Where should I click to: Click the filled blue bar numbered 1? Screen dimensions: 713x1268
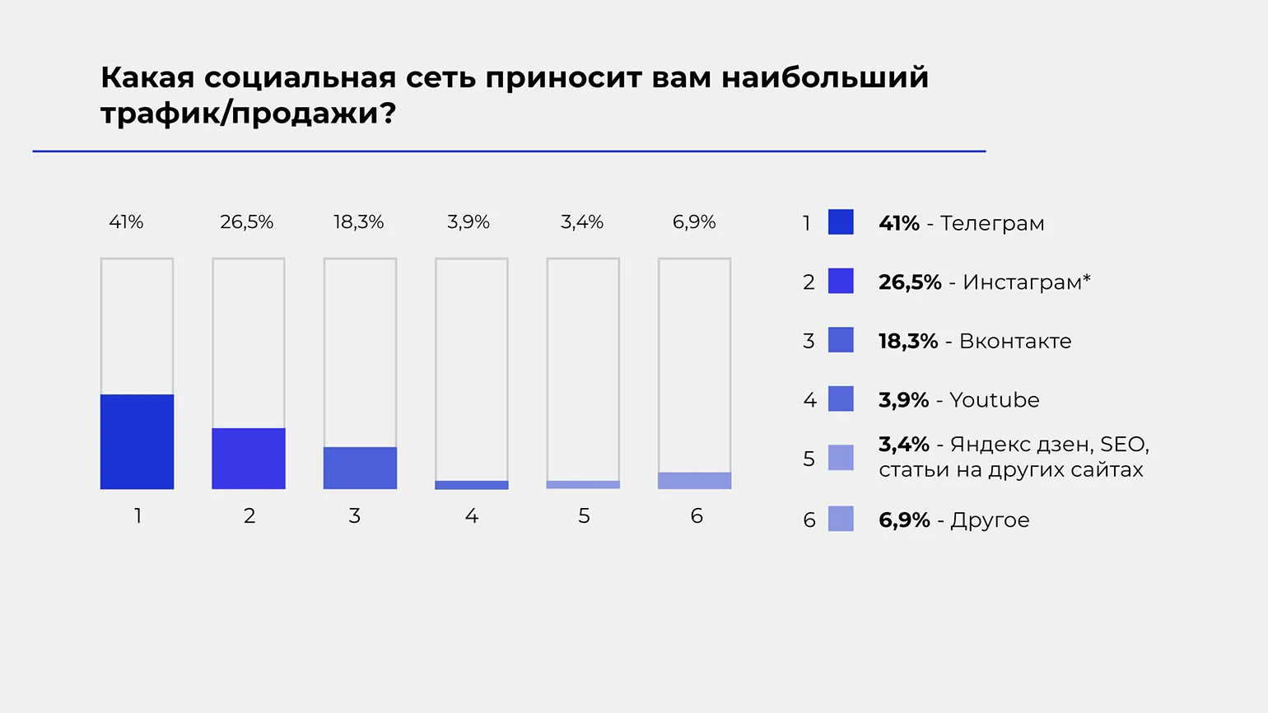pyautogui.click(x=137, y=442)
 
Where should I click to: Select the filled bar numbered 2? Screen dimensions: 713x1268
pyautogui.click(x=249, y=459)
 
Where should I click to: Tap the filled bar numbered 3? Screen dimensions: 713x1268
pyautogui.click(x=360, y=468)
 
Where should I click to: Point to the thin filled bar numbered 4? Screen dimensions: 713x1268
pyautogui.click(x=472, y=485)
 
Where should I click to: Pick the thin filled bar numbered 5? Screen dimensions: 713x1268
pyautogui.click(x=583, y=485)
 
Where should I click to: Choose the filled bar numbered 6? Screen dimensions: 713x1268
pyautogui.click(x=694, y=481)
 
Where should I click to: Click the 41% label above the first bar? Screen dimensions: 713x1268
pyautogui.click(x=126, y=222)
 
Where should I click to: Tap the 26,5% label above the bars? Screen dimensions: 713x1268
pyautogui.click(x=246, y=222)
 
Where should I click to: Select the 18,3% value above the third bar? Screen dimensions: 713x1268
pyautogui.click(x=358, y=222)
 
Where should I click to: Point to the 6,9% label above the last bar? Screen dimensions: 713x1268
pyautogui.click(x=694, y=222)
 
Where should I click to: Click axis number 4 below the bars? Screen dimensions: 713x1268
pyautogui.click(x=472, y=516)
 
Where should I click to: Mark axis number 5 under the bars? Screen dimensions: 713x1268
pyautogui.click(x=584, y=516)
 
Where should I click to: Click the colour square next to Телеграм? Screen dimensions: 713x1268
pyautogui.click(x=841, y=222)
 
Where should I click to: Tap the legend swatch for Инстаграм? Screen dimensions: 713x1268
pyautogui.click(x=841, y=282)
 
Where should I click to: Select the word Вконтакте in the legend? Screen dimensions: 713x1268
pyautogui.click(x=1015, y=341)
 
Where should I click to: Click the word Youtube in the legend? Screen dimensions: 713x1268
pyautogui.click(x=995, y=400)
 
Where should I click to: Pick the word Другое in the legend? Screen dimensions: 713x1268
pyautogui.click(x=990, y=520)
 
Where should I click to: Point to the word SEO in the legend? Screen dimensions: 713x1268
pyautogui.click(x=1123, y=445)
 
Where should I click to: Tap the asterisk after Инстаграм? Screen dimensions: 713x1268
pyautogui.click(x=1087, y=278)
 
